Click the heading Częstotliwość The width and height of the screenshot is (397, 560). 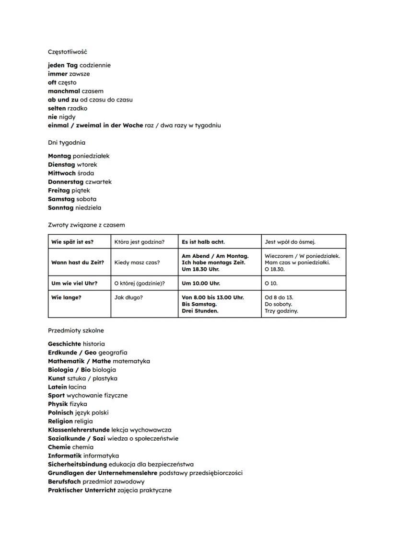(x=67, y=51)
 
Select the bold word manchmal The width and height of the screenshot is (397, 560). (x=64, y=91)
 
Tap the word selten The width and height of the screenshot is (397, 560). (x=57, y=108)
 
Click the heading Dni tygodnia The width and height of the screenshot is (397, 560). (x=67, y=142)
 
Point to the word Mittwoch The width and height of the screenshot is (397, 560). (x=62, y=173)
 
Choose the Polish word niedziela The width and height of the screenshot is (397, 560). (x=88, y=208)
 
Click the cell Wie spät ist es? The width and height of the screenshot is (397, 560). (x=72, y=242)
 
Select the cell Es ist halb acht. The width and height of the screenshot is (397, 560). (x=203, y=242)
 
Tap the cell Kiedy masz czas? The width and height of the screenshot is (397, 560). (x=137, y=263)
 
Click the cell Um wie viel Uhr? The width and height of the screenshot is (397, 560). (x=74, y=283)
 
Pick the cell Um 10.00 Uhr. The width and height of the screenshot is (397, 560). (x=201, y=283)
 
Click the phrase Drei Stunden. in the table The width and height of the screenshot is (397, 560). (x=200, y=311)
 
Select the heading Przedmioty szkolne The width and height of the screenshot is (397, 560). (x=76, y=331)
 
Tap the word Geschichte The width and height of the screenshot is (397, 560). (x=64, y=344)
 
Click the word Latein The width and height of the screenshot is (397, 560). (x=57, y=387)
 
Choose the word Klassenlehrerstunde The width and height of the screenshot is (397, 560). (x=79, y=430)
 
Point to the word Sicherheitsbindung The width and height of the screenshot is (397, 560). (x=77, y=464)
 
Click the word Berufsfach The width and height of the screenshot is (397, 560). (x=64, y=481)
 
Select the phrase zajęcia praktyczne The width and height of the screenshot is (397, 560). (x=145, y=490)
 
